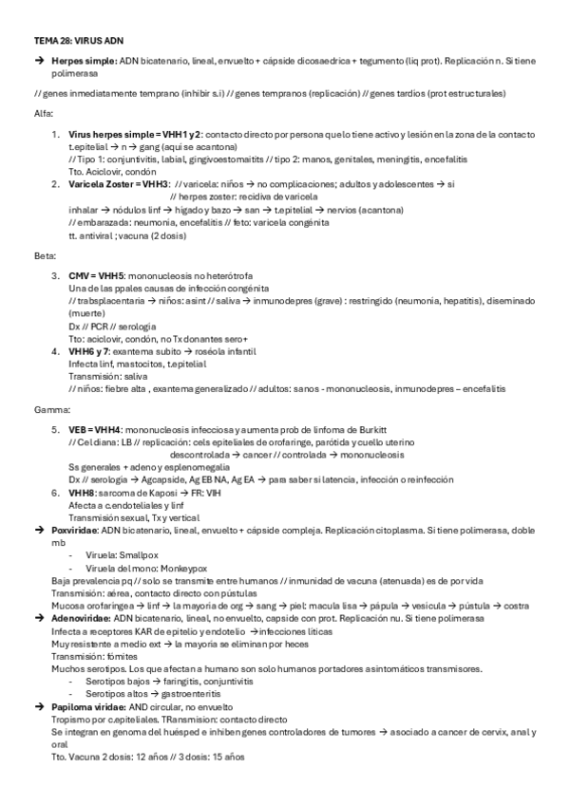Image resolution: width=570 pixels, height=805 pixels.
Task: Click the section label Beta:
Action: click(45, 254)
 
